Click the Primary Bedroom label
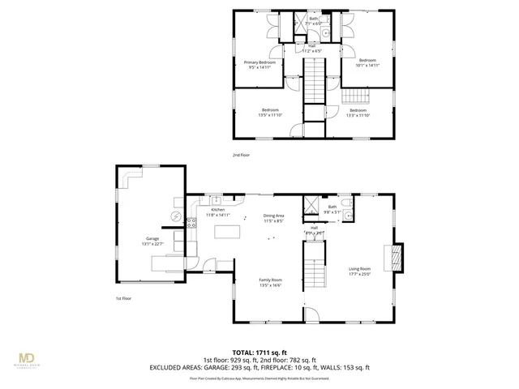(260, 62)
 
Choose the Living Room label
(359, 269)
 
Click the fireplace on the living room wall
(395, 258)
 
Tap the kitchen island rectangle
(229, 233)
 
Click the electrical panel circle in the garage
(174, 216)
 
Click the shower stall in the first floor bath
(311, 205)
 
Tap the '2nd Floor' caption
(242, 154)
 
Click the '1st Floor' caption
(124, 297)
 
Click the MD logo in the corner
(27, 358)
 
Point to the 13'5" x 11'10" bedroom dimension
(270, 115)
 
